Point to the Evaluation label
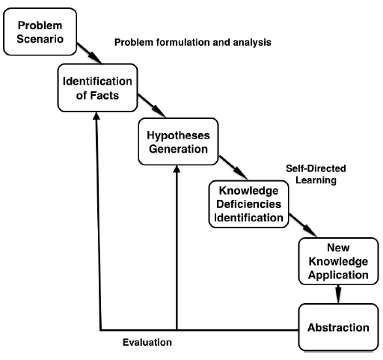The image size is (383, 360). pos(147,343)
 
